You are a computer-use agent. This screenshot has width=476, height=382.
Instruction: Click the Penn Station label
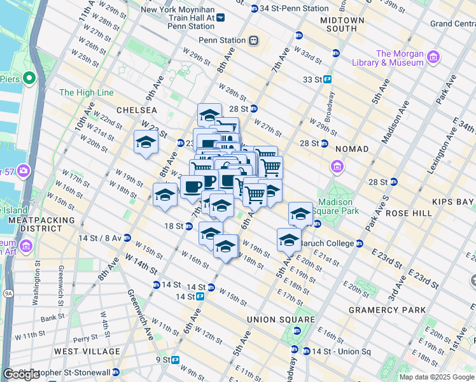pos(222,40)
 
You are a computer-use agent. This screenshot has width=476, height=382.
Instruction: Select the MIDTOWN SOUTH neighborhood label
pos(342,25)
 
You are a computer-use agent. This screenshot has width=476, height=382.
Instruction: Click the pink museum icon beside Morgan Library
pos(434,58)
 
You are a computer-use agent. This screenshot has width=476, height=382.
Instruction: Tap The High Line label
pos(87,92)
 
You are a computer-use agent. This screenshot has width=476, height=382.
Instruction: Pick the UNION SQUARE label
pos(281,319)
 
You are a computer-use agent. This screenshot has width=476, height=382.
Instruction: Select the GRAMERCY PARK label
pos(387,310)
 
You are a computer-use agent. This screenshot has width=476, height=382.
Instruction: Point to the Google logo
pos(22,374)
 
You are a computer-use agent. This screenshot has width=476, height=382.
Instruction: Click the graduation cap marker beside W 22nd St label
pos(146,142)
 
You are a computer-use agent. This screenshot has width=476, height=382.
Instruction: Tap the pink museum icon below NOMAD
pos(337,167)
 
